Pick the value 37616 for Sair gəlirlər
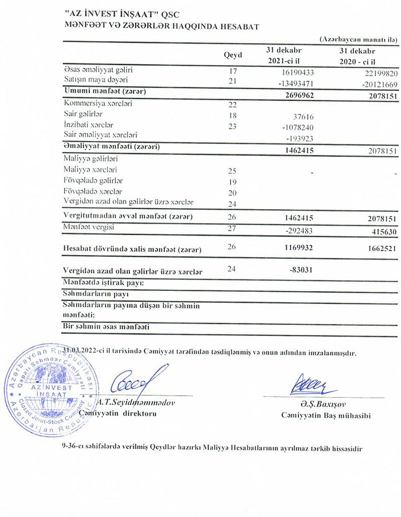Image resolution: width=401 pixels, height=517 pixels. [302, 116]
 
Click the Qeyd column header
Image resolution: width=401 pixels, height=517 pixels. [232, 56]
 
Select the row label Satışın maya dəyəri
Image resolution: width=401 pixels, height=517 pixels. [96, 80]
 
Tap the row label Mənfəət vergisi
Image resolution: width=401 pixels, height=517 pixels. [89, 228]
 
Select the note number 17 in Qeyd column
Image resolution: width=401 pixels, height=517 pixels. [232, 72]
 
